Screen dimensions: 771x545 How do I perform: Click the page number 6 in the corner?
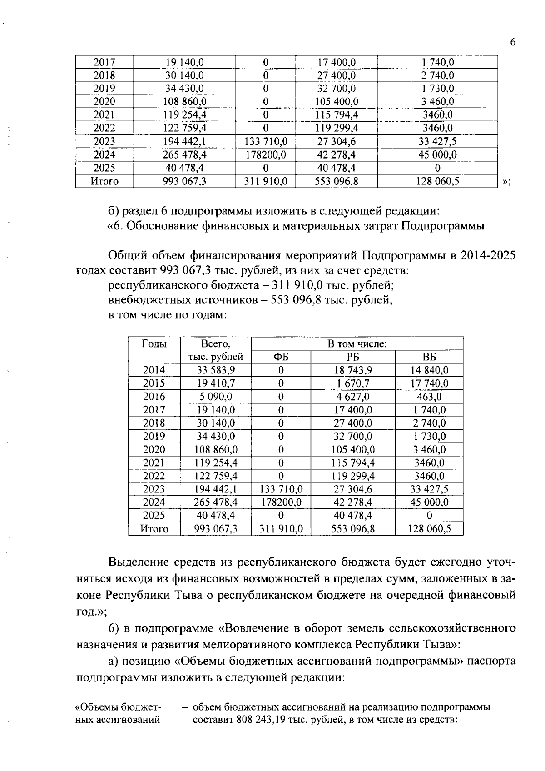coord(513,42)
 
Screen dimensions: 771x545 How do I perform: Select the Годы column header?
coord(154,344)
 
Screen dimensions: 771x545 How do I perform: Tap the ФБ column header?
coord(281,357)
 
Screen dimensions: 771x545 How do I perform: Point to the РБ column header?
coord(353,357)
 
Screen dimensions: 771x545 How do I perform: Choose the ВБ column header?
coord(429,357)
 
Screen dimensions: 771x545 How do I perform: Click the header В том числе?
coord(357,344)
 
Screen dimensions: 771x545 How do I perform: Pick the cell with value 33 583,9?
coord(216,370)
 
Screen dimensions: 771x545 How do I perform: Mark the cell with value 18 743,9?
coord(353,370)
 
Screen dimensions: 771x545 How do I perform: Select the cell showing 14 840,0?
coord(429,370)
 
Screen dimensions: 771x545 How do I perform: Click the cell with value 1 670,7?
coord(353,383)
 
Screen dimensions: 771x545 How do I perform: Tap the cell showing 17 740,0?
coord(429,383)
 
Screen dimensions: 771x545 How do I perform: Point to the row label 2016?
coord(154,397)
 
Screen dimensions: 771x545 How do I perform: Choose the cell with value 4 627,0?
coord(353,397)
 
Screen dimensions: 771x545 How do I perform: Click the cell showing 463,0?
coord(429,397)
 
